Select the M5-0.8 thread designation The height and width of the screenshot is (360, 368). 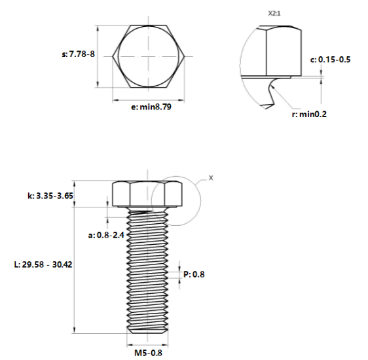tap(148, 353)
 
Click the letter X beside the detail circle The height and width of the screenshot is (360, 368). tap(210, 177)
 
